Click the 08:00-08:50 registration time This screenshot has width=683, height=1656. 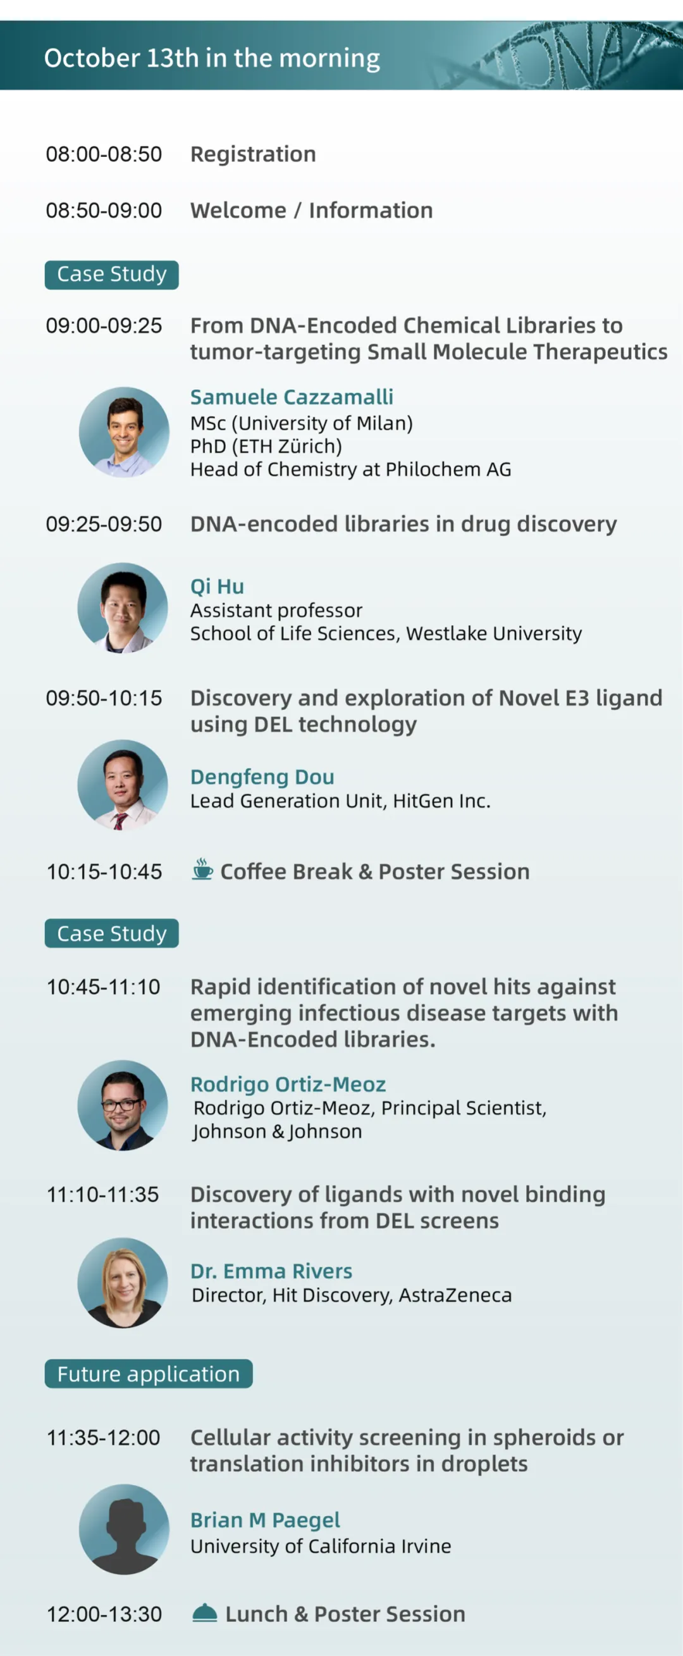coord(104,154)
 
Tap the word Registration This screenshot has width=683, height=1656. coord(253,154)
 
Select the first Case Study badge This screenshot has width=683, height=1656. coord(112,275)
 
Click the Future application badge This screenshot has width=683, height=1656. coord(149,1374)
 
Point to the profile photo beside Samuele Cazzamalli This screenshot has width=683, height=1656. coord(124,432)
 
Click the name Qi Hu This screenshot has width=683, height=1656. coord(217,587)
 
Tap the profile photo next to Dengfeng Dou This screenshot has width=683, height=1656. coord(123,784)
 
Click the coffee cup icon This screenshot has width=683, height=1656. coord(202,869)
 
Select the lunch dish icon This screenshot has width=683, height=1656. coord(205,1613)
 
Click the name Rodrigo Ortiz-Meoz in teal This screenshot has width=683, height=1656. coord(288,1084)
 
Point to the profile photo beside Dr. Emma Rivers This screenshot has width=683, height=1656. coord(123,1283)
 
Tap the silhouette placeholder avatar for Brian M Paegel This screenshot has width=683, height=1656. coord(124,1529)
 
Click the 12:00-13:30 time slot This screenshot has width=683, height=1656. coord(104,1614)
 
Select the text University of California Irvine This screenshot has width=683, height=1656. coord(321,1545)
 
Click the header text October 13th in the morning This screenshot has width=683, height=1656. coord(212,58)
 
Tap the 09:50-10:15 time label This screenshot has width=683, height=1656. coord(104,698)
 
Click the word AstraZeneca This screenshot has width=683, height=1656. coord(455,1295)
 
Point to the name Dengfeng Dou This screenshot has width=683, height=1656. coord(262,776)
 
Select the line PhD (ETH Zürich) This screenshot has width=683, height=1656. coord(266,446)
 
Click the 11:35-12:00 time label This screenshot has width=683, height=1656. coord(103,1438)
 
